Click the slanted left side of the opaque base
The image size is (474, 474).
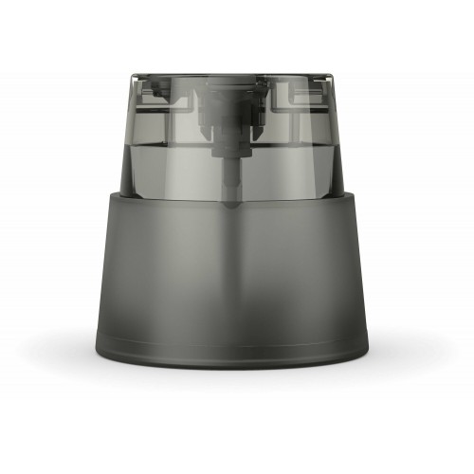[107, 275]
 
